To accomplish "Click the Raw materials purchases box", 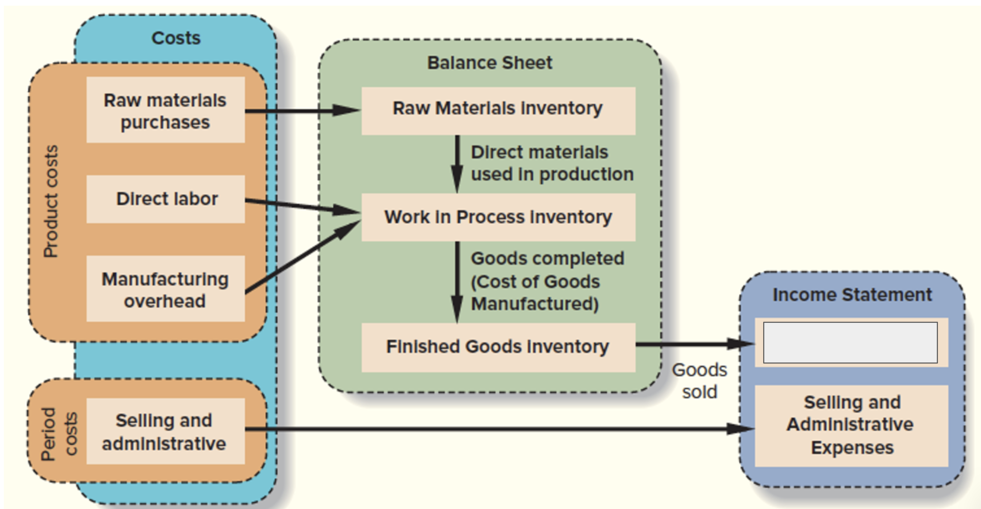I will point(166,110).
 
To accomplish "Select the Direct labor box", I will point(166,199).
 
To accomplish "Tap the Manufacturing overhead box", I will point(166,289).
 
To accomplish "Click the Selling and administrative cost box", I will point(166,431).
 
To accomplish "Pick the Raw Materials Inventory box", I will point(498,110).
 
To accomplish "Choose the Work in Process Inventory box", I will point(498,217).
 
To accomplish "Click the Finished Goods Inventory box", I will point(498,347).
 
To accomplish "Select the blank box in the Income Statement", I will point(850,343).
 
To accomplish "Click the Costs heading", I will point(176,38).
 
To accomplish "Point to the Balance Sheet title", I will point(490,63).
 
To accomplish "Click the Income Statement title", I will point(852,295).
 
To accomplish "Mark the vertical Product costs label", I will point(51,201).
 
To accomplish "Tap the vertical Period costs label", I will point(59,434).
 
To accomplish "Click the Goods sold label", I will point(699,381).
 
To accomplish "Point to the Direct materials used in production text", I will point(552,163).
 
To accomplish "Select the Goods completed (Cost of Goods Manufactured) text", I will point(546,281).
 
